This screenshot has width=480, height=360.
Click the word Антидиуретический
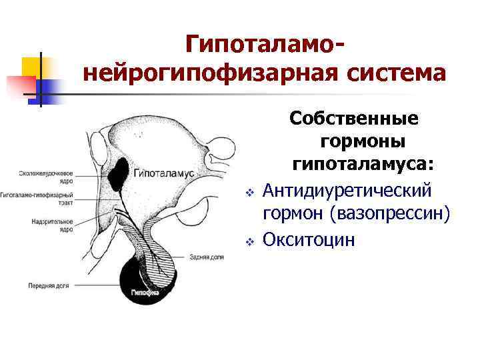[x=347, y=191]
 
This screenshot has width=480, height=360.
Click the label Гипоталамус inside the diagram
[x=164, y=173]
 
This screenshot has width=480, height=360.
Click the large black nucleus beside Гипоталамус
[x=122, y=172]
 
